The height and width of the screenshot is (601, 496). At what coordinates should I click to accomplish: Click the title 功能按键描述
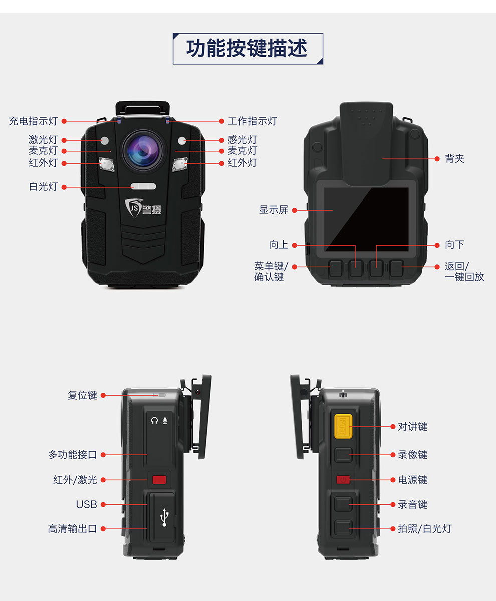tap(247, 49)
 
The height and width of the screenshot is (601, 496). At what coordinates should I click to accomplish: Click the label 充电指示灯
tap(33, 121)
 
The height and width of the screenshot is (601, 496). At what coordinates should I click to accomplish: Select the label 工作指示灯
tap(252, 121)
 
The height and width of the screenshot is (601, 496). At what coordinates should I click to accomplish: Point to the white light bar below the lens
tap(144, 187)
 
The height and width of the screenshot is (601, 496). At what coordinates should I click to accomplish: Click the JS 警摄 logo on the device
tap(140, 207)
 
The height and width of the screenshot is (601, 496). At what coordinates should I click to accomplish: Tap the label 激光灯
tap(43, 140)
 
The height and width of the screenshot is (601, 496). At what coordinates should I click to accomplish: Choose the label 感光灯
tap(242, 140)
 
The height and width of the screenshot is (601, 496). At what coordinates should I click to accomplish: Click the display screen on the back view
tap(367, 219)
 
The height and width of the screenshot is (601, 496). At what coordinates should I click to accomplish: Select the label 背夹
tap(454, 159)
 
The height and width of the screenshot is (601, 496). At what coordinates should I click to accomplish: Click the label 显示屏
tap(274, 210)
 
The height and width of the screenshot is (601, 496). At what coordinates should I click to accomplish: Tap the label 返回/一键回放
tap(464, 271)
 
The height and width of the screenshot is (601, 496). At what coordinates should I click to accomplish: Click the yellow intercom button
tap(343, 426)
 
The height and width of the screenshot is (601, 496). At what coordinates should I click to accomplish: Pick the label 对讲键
tap(412, 427)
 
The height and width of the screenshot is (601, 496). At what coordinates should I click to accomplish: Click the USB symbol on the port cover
tap(164, 517)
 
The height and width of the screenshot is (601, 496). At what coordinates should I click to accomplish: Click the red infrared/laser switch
tap(159, 480)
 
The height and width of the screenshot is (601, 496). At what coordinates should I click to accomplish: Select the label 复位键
tap(82, 395)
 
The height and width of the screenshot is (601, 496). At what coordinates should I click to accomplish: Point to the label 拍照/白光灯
tap(424, 529)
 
